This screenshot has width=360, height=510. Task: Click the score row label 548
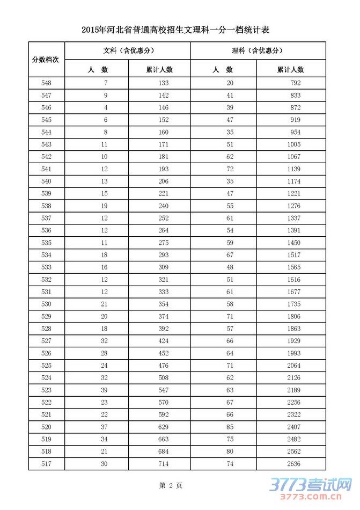click(x=46, y=83)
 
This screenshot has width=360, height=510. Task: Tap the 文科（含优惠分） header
click(x=127, y=50)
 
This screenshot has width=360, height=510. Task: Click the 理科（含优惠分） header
click(x=258, y=50)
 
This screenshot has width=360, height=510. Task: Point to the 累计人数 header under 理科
click(x=291, y=69)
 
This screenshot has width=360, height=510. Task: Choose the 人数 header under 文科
click(x=97, y=69)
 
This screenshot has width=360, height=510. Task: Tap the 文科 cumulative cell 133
click(x=164, y=83)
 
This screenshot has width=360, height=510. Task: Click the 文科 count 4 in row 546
click(x=106, y=107)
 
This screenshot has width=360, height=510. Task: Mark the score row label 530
click(x=46, y=304)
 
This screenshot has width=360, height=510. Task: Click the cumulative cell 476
click(x=164, y=365)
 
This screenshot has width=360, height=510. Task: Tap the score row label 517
click(x=46, y=463)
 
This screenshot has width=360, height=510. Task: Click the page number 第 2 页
click(x=171, y=485)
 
